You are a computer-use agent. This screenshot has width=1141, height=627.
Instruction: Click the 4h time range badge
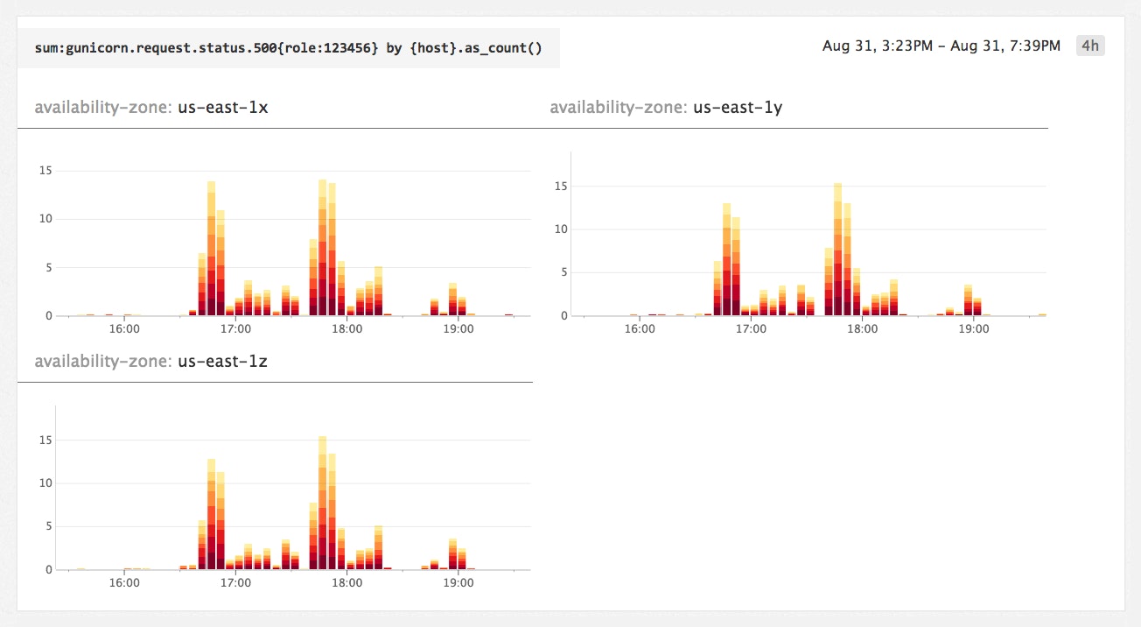(x=1089, y=46)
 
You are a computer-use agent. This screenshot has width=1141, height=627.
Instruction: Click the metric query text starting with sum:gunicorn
(x=288, y=47)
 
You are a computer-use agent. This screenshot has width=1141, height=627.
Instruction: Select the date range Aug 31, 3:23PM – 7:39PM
(x=941, y=46)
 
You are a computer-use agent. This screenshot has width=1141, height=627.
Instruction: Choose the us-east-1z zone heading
(x=150, y=362)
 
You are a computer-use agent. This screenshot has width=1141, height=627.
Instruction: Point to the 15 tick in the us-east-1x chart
(x=45, y=172)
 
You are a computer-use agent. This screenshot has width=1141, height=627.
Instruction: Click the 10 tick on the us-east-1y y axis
(x=561, y=229)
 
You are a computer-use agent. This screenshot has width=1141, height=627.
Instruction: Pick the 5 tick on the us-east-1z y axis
(x=49, y=526)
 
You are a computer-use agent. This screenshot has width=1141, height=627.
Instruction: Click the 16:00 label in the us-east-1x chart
(x=125, y=330)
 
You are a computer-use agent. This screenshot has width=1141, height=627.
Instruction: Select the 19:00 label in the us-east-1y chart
(x=974, y=330)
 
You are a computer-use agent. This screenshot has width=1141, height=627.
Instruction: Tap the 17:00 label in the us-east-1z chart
(x=236, y=584)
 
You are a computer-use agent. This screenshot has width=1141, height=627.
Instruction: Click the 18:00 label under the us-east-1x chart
(x=347, y=330)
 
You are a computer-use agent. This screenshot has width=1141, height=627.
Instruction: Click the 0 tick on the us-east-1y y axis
(x=564, y=315)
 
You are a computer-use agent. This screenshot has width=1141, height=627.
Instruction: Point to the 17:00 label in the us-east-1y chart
(x=752, y=330)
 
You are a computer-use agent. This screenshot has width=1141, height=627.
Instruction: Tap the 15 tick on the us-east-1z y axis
(x=45, y=440)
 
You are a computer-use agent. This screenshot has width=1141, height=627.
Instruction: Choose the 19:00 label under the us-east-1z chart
(x=458, y=584)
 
